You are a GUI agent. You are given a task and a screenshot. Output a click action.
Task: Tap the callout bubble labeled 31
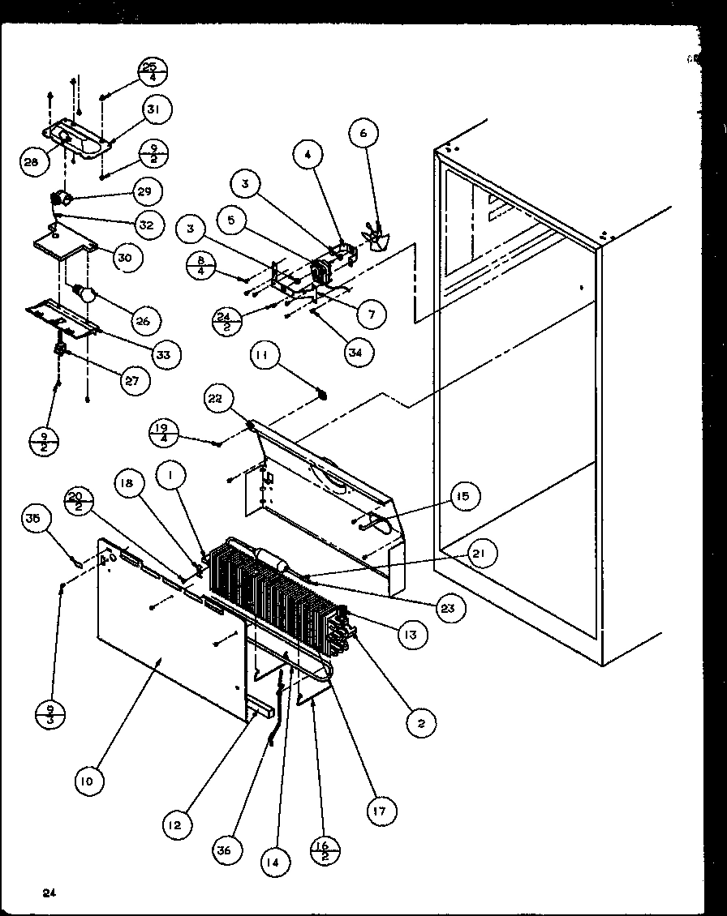pos(158,109)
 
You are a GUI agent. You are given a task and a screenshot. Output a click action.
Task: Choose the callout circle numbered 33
pos(166,353)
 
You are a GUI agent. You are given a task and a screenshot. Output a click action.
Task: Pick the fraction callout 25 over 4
pos(149,72)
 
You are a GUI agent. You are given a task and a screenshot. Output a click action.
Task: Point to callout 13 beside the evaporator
pos(411,636)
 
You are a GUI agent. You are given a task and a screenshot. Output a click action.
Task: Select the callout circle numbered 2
pos(421,722)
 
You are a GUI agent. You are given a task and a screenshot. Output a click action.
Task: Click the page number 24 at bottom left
pos(50,893)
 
